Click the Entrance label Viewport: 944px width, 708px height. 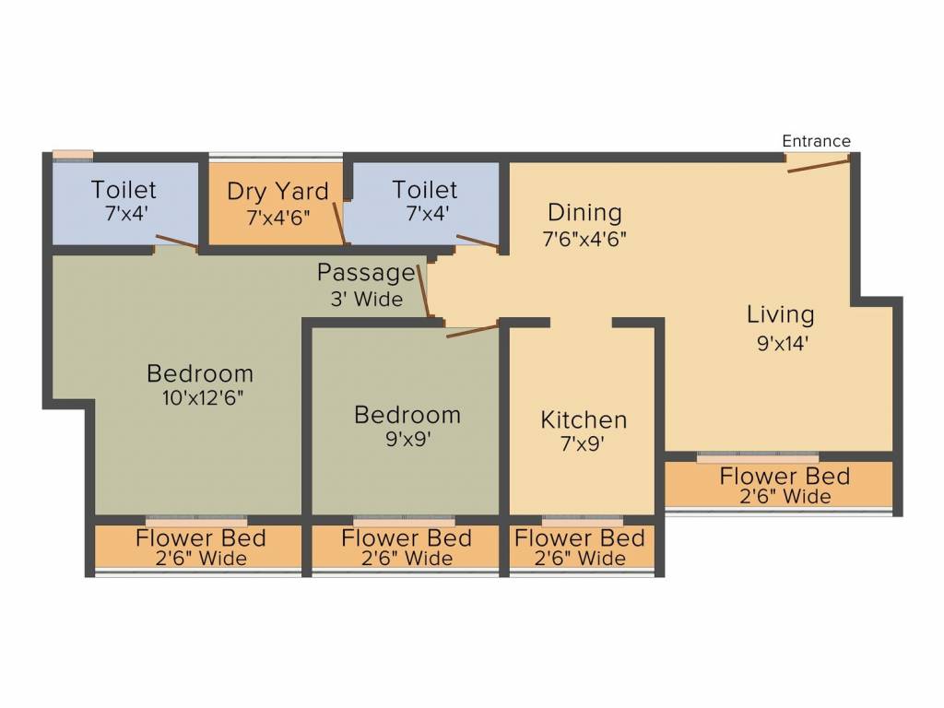point(816,141)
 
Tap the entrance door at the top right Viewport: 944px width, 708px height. point(818,164)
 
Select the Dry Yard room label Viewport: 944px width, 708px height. point(277,192)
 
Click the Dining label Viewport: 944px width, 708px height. point(584,213)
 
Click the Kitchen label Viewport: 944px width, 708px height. point(584,420)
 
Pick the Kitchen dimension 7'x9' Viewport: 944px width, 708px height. point(584,443)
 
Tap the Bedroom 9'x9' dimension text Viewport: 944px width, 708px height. point(407,440)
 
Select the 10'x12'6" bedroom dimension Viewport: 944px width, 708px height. point(200,398)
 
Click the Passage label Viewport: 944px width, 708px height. point(366,273)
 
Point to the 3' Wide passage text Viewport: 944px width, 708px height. point(367,299)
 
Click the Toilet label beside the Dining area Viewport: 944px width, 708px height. point(425,190)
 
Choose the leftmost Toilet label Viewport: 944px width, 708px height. point(124,190)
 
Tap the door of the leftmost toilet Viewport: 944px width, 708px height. point(175,242)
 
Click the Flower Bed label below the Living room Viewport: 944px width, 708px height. point(785,477)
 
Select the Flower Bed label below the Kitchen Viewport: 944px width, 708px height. point(579,537)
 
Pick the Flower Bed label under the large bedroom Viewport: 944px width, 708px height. point(200,537)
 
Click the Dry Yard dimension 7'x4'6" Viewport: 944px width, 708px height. point(277,218)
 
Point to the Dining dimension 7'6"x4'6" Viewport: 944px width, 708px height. point(584,238)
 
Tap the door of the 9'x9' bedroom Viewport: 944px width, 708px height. point(472,330)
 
